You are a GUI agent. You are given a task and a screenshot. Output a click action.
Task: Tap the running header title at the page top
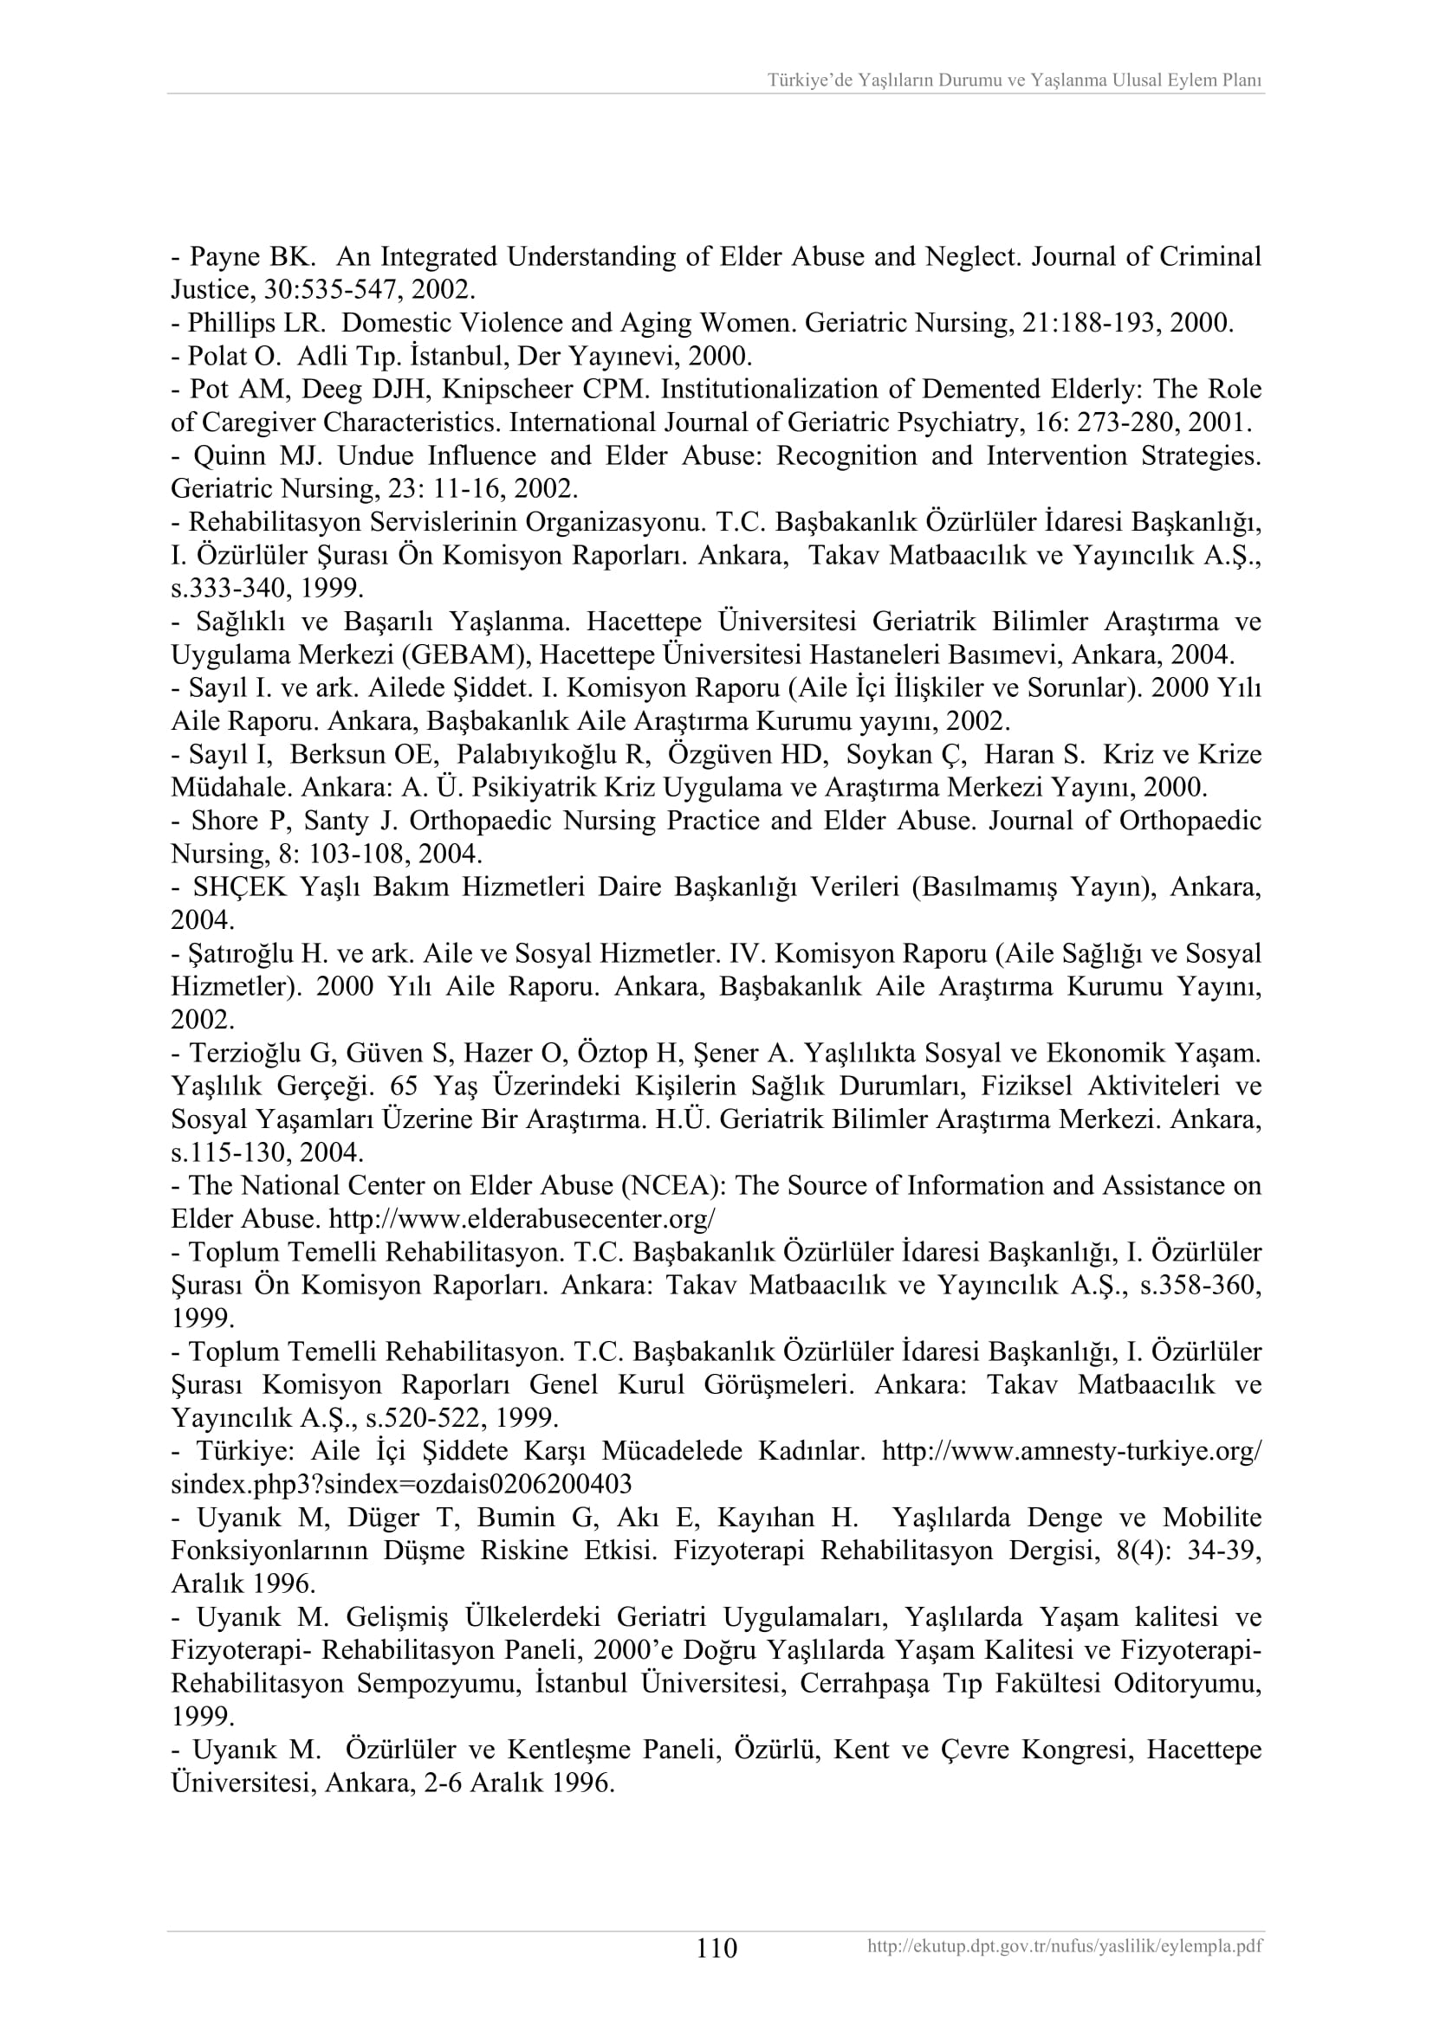click(x=1014, y=81)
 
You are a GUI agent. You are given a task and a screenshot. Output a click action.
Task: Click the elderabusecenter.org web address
click(x=522, y=1219)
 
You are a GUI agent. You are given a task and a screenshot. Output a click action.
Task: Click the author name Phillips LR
click(x=257, y=323)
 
